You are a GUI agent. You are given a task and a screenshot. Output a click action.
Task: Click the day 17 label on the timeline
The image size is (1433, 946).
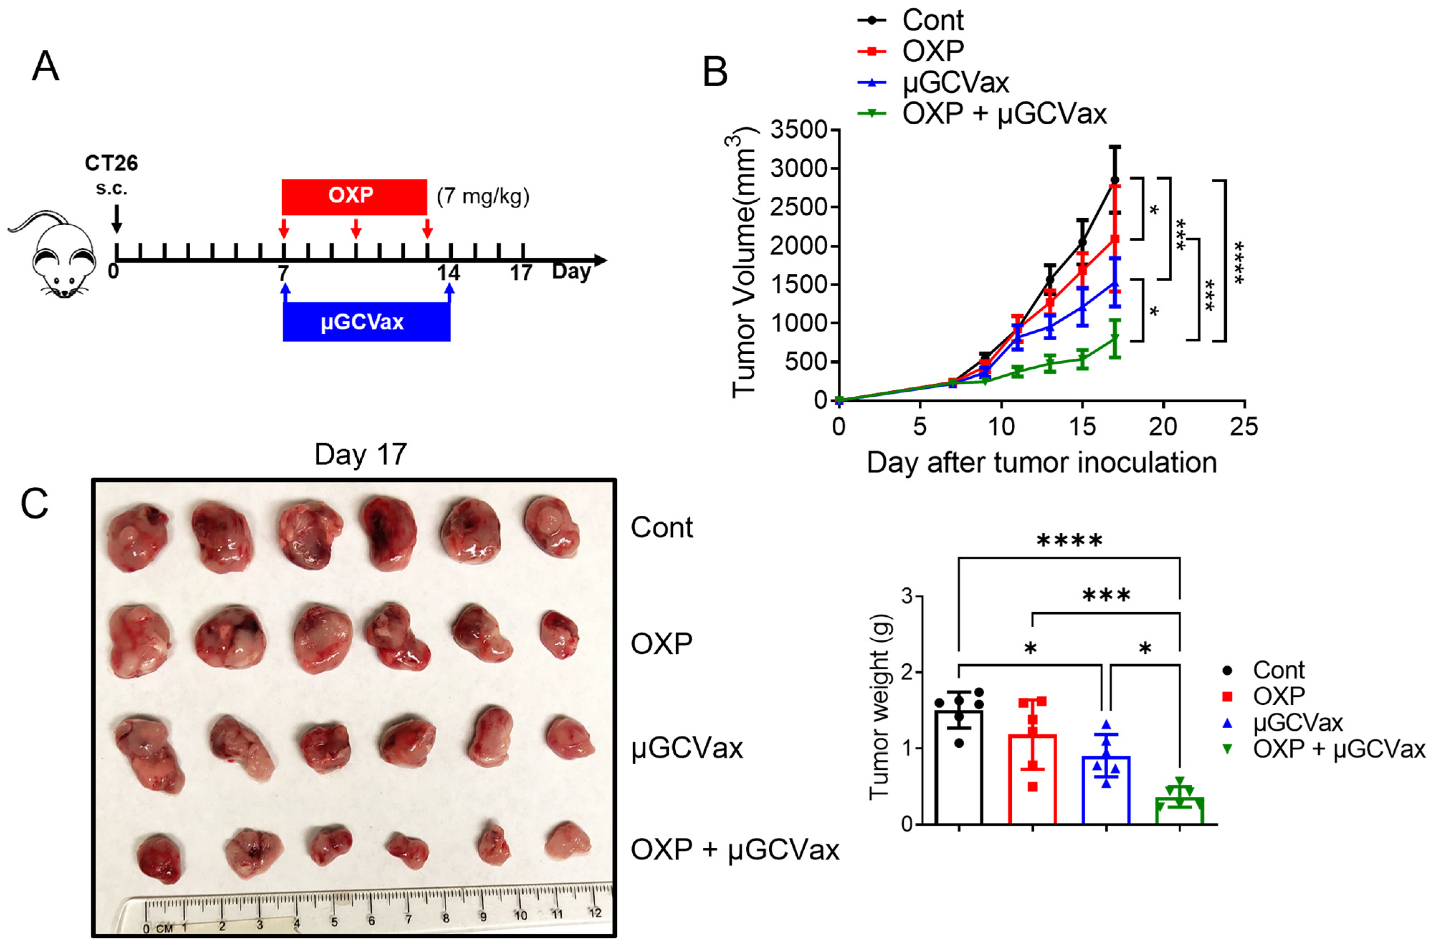click(521, 273)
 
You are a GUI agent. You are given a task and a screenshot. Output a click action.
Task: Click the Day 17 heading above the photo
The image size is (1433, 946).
click(361, 454)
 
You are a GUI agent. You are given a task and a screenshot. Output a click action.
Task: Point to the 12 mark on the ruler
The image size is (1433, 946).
click(595, 912)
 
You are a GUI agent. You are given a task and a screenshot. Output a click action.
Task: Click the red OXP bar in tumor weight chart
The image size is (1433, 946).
click(1032, 779)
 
